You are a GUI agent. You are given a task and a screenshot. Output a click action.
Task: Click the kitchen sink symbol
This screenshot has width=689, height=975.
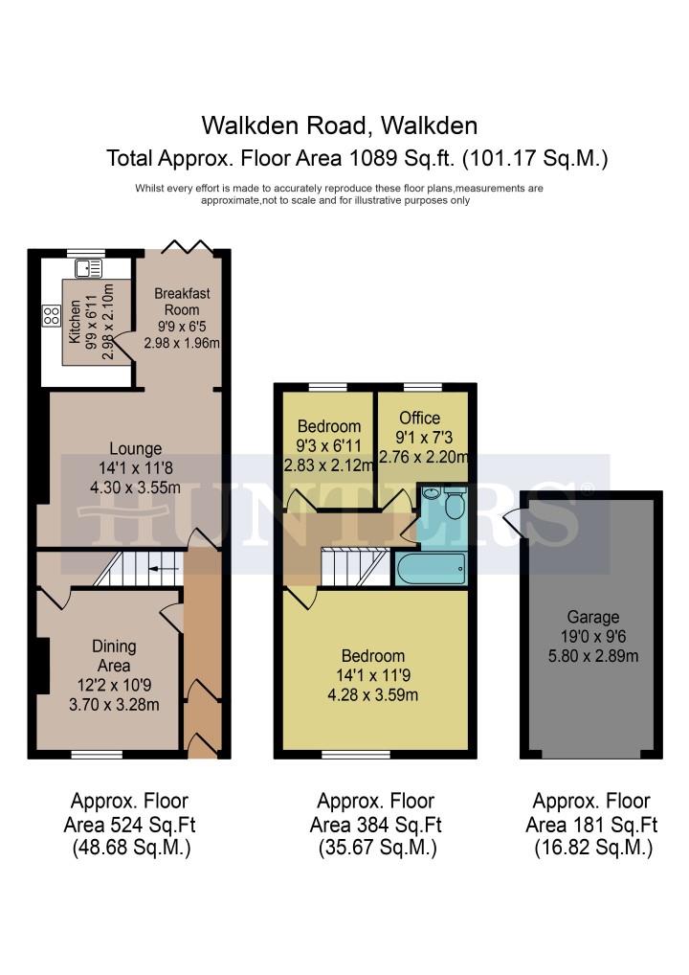point(88,268)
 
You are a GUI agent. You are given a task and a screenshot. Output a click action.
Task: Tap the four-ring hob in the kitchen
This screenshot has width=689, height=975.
point(51,316)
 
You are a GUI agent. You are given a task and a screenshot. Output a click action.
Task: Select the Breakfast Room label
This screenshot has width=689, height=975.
point(182,301)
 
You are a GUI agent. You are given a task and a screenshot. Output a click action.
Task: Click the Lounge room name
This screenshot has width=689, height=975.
point(136,448)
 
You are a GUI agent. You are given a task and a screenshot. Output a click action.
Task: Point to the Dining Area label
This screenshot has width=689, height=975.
point(114,655)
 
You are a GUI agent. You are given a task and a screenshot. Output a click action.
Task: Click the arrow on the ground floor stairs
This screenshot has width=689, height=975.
point(164,568)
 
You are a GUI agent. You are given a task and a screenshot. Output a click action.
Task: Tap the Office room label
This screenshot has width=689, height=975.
point(420,418)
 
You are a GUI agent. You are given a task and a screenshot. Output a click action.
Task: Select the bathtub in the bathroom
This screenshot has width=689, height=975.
point(431,568)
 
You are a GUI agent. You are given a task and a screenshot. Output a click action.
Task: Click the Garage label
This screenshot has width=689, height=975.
point(592,617)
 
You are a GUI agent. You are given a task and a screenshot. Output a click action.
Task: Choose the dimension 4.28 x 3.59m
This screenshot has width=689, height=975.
point(373,694)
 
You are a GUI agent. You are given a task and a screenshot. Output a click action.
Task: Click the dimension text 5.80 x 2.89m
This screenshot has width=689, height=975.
point(592,656)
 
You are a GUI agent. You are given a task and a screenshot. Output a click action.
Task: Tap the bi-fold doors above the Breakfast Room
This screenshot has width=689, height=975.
point(188,246)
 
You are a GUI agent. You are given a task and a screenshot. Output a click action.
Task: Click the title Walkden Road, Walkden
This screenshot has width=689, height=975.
point(339,125)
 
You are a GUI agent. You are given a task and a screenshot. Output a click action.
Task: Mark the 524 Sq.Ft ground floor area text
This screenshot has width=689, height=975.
point(153,826)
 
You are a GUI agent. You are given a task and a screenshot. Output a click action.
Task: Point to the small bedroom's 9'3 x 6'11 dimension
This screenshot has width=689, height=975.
point(328,445)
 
